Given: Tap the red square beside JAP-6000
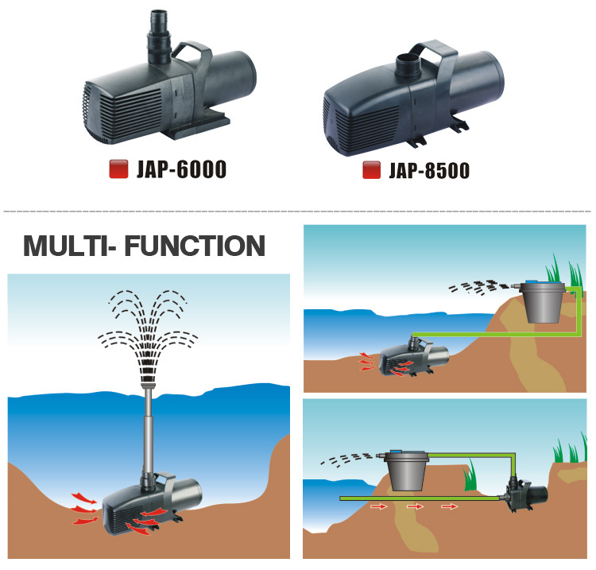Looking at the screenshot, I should (x=118, y=169).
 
